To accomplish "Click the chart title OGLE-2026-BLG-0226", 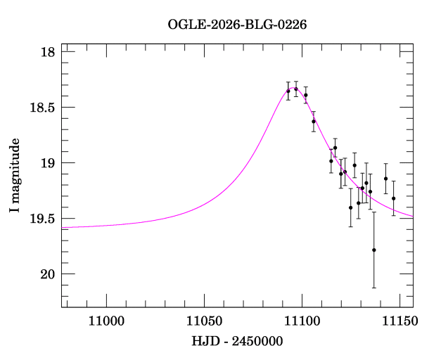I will (237, 24).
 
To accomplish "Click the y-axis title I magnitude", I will (15, 177).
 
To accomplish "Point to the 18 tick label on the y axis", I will (49, 53).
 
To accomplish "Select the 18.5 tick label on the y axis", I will (43, 108).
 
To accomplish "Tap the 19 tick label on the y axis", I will (49, 163).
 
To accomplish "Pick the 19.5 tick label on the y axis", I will (43, 219).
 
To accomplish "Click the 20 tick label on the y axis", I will (49, 274).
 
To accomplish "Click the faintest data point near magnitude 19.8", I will (374, 250).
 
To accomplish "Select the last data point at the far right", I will (393, 198).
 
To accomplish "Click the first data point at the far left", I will (288, 91).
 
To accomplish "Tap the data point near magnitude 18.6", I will (314, 121).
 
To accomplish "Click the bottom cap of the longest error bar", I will (374, 288).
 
